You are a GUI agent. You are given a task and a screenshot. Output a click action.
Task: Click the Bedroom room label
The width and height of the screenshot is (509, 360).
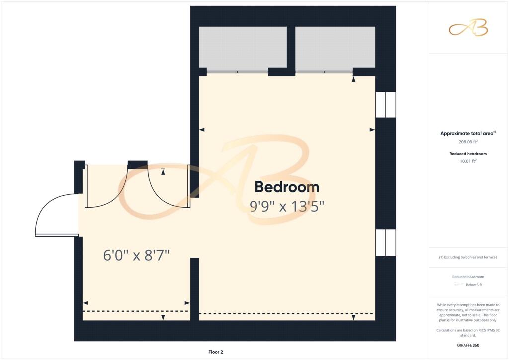(287, 187)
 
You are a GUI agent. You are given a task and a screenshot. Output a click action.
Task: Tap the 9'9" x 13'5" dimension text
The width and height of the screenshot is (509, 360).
(287, 206)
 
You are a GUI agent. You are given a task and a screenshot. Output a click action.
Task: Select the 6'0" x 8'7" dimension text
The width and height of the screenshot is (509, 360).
(136, 255)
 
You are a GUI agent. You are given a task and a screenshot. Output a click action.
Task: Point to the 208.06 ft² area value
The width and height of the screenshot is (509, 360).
(468, 142)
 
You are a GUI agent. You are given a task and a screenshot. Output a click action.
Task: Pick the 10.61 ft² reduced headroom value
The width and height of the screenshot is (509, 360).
(468, 161)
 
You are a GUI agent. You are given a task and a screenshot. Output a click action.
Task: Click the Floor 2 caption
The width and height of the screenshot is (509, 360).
(216, 352)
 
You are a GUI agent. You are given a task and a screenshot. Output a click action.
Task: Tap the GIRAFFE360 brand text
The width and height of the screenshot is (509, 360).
(468, 345)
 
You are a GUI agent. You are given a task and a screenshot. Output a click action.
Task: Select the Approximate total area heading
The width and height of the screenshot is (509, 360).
(468, 133)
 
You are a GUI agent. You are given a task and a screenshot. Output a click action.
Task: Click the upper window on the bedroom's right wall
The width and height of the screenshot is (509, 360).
(386, 105)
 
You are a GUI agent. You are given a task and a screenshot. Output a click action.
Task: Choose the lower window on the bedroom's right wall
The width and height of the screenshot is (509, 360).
(386, 243)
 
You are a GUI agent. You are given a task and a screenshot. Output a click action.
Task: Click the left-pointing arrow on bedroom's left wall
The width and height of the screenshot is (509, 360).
(202, 130)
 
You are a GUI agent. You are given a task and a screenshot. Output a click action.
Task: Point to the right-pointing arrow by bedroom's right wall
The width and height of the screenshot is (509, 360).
(372, 130)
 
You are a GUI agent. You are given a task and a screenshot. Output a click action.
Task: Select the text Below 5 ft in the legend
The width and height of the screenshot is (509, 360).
(474, 285)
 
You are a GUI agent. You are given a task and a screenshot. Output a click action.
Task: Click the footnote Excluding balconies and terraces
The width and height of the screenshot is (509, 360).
(468, 257)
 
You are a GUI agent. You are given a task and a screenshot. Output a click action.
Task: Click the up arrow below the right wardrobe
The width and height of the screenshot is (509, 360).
(353, 79)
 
